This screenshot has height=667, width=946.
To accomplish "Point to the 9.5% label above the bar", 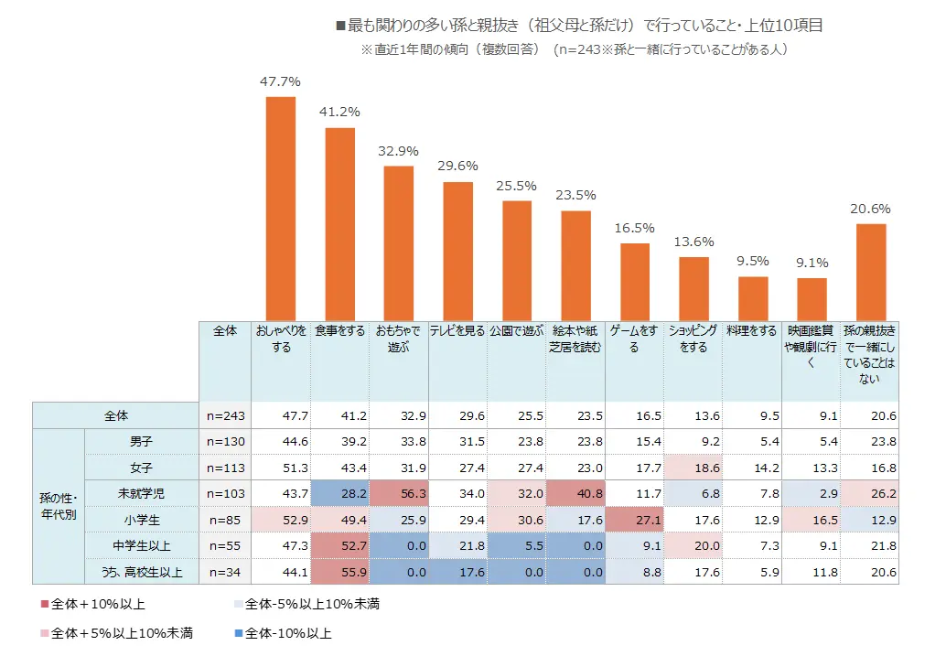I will [752, 261].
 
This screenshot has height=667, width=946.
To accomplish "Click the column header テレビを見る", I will [457, 331].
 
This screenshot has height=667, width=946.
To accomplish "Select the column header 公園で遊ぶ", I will [516, 331].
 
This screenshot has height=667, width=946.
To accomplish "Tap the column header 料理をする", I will [751, 331].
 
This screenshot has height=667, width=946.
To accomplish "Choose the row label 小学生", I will [142, 521].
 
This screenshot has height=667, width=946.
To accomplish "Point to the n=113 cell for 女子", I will [224, 468].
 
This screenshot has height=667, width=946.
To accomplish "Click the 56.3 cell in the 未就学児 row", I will [400, 494].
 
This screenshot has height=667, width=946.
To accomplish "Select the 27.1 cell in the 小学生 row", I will [635, 521].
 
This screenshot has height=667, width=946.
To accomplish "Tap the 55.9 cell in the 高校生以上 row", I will [340, 574].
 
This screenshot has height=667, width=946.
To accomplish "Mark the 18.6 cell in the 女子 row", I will [693, 468].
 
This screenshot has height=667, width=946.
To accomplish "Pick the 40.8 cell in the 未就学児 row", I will [576, 494].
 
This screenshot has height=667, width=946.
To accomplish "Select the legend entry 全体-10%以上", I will [283, 632].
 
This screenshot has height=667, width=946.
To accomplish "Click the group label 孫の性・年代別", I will [58, 506].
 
